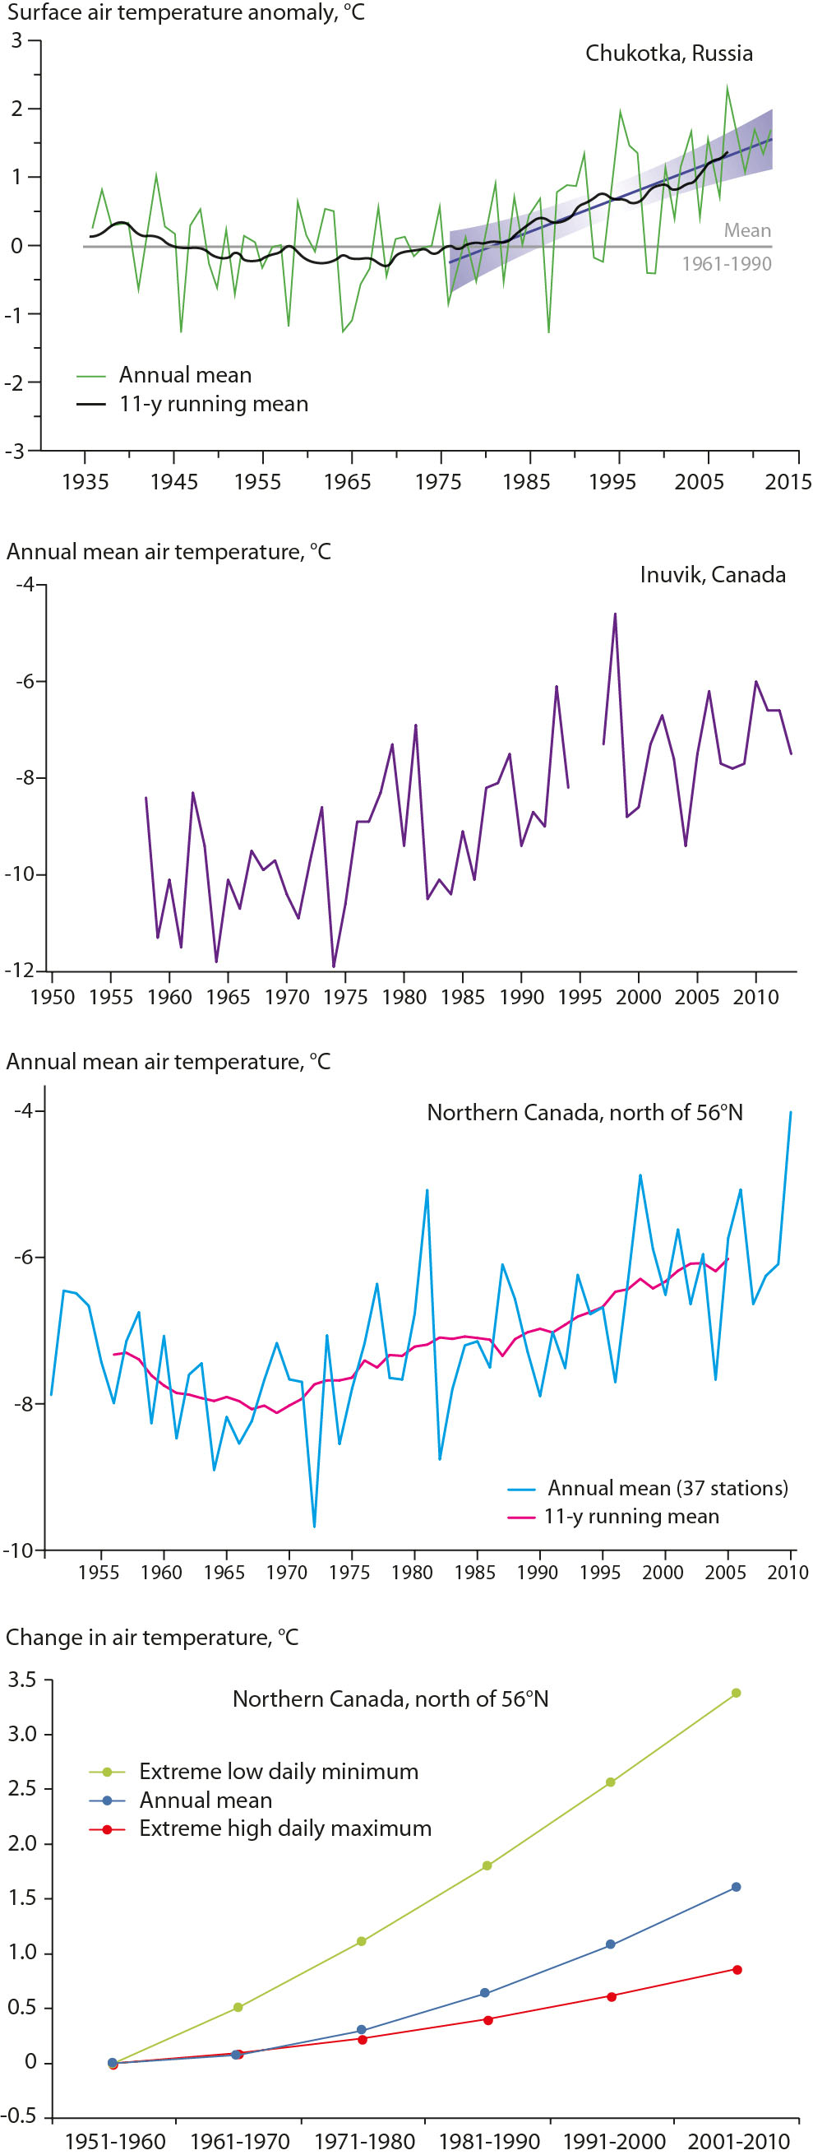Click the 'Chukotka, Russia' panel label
coord(668,53)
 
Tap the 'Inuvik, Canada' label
coord(712,575)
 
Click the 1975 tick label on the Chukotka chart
coord(437,482)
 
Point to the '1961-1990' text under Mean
coord(726,264)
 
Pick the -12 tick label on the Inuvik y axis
coord(22,971)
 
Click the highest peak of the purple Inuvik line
coord(615,614)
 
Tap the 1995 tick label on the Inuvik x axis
coord(580,997)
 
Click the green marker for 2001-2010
coord(736,1693)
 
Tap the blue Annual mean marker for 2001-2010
coord(736,1887)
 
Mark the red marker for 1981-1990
coord(488,2019)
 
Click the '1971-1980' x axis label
coord(364,2142)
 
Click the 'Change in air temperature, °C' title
coord(152,1637)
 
